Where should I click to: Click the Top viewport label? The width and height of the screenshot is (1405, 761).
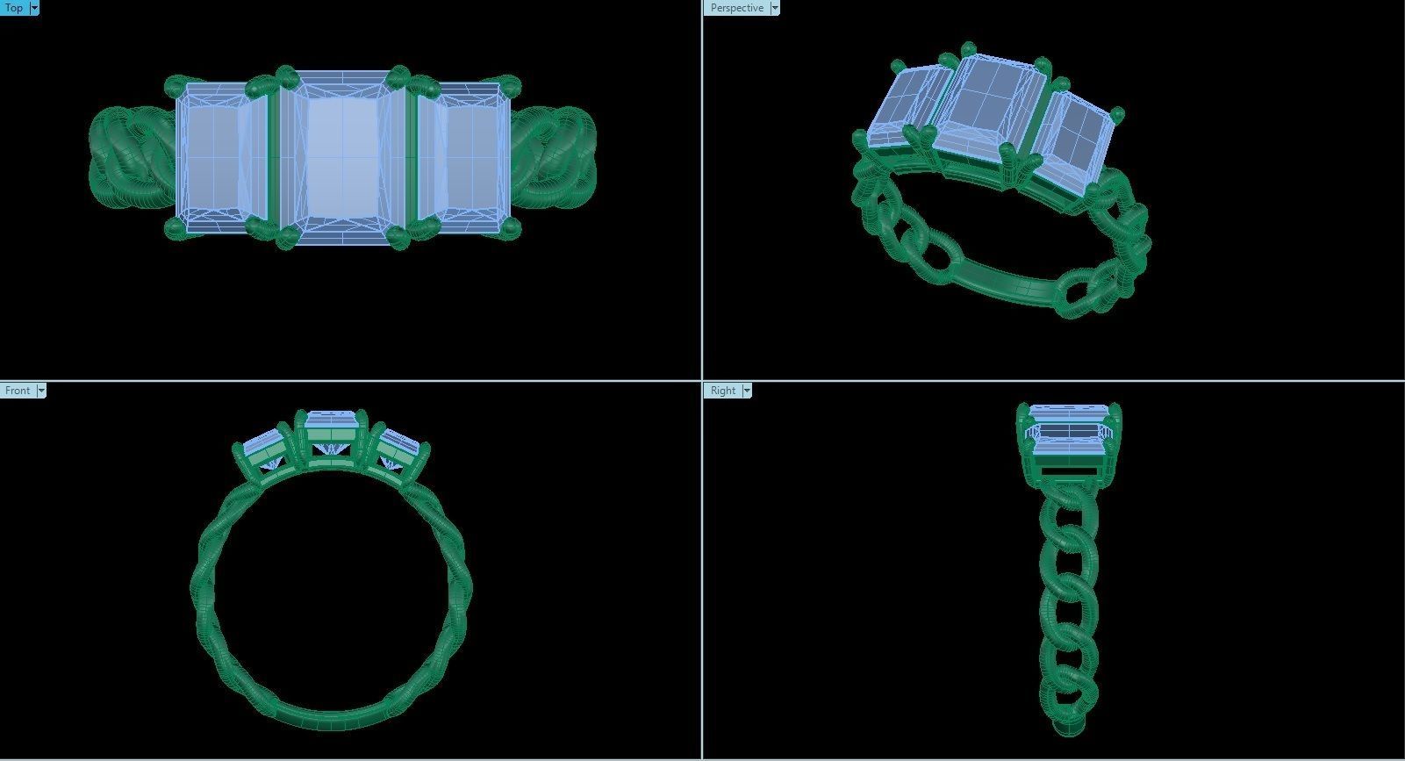(14, 8)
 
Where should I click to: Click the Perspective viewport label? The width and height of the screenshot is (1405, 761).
(736, 8)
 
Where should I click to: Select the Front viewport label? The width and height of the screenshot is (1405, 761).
(18, 391)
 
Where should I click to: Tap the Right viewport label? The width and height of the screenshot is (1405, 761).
(723, 391)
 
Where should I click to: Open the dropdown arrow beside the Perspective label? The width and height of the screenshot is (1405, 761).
(774, 8)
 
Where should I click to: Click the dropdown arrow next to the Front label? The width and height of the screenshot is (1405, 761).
(40, 391)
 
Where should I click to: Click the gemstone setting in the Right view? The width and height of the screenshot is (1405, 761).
(1069, 439)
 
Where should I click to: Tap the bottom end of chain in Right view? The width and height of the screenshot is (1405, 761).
(1067, 724)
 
